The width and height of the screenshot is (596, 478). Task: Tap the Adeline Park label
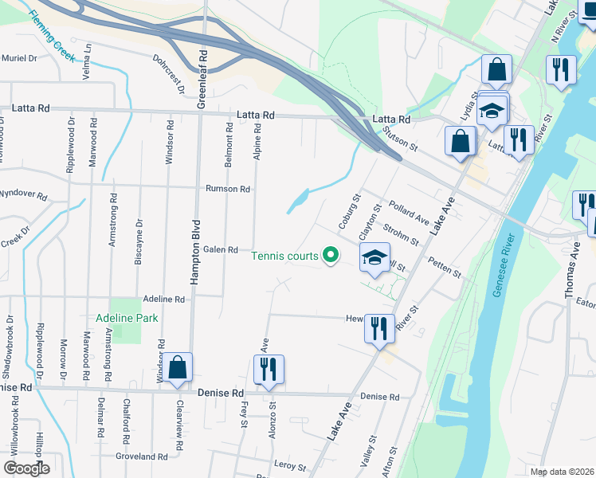click(x=127, y=317)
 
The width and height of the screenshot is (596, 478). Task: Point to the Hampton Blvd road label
click(x=193, y=251)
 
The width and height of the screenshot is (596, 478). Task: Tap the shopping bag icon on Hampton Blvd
click(x=179, y=369)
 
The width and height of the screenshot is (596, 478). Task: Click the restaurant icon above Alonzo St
click(x=269, y=370)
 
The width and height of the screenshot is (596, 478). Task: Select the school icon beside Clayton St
click(x=374, y=258)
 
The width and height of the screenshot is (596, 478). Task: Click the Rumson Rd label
click(x=228, y=189)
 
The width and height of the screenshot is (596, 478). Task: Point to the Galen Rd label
click(x=221, y=249)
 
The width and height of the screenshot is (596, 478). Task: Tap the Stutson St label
click(x=400, y=139)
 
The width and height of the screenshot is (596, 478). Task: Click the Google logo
click(x=26, y=468)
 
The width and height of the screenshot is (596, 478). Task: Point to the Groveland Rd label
click(x=141, y=456)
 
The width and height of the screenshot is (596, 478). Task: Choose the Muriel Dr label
click(x=19, y=58)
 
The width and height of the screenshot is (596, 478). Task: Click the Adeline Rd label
click(x=163, y=299)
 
